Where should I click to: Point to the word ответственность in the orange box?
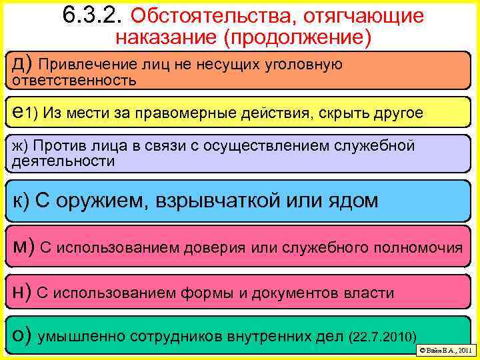click(x=75, y=80)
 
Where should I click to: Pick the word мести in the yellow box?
click(x=97, y=113)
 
